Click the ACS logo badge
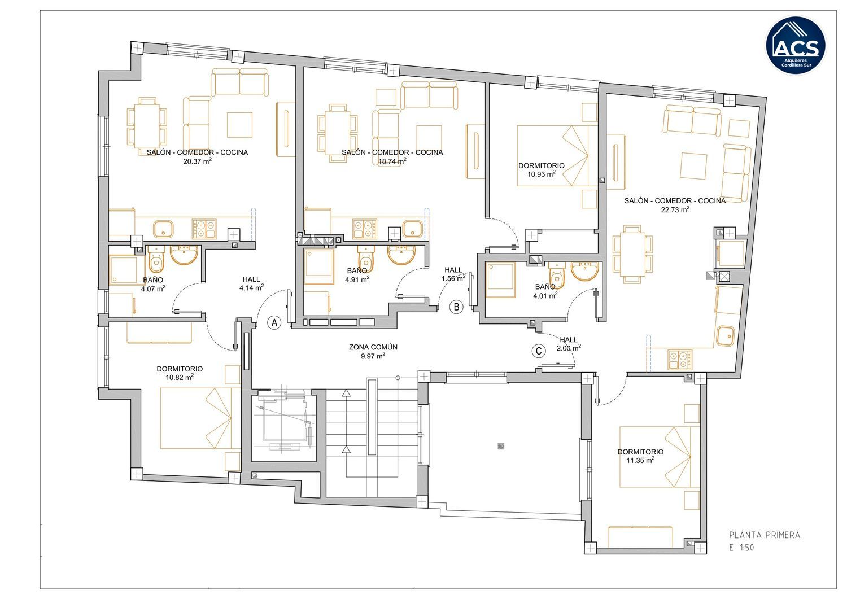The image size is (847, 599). coord(796,45)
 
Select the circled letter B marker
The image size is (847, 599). coord(456,307)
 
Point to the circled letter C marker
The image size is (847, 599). coord(539,351)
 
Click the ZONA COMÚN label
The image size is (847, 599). coord(373,347)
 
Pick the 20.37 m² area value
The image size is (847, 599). coord(198,161)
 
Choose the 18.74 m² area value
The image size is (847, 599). coord(392,161)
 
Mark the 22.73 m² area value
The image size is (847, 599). coord(675,209)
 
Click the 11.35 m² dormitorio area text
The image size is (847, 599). coord(640,460)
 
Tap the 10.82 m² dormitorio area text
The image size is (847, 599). coord(180,377)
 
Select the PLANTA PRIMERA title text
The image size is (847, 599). coord(765,535)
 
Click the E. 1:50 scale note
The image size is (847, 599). coord(741,548)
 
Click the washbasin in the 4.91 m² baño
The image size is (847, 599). coord(401,255)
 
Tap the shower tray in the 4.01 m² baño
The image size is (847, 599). coord(501,280)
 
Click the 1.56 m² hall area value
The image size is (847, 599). coord(453,278)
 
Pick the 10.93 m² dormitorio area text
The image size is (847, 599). coord(542,174)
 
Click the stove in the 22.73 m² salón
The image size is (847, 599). coord(679,360)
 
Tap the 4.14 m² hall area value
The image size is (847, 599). coord(251,288)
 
